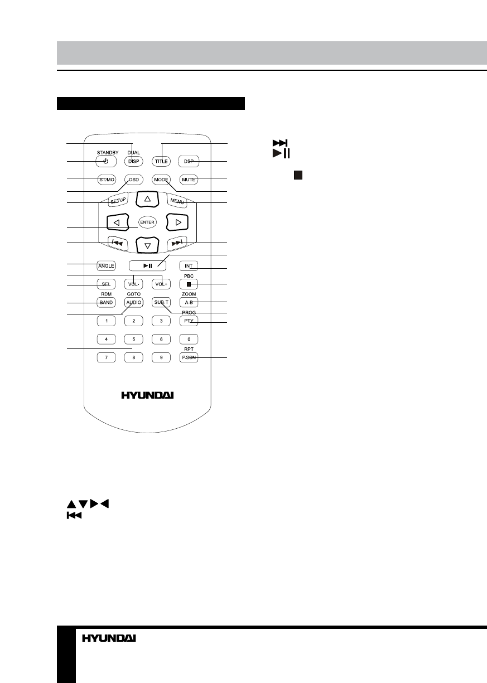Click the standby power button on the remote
[x=105, y=162]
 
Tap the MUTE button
[x=189, y=180]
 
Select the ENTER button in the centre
[x=147, y=221]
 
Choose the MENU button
[x=177, y=200]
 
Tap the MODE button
[x=161, y=180]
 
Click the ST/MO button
[x=105, y=180]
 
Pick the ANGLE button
[x=105, y=266]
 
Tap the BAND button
[x=105, y=302]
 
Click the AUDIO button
[x=133, y=302]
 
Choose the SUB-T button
[x=161, y=302]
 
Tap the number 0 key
[x=189, y=338]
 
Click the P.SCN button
[x=189, y=357]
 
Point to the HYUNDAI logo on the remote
[x=147, y=395]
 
